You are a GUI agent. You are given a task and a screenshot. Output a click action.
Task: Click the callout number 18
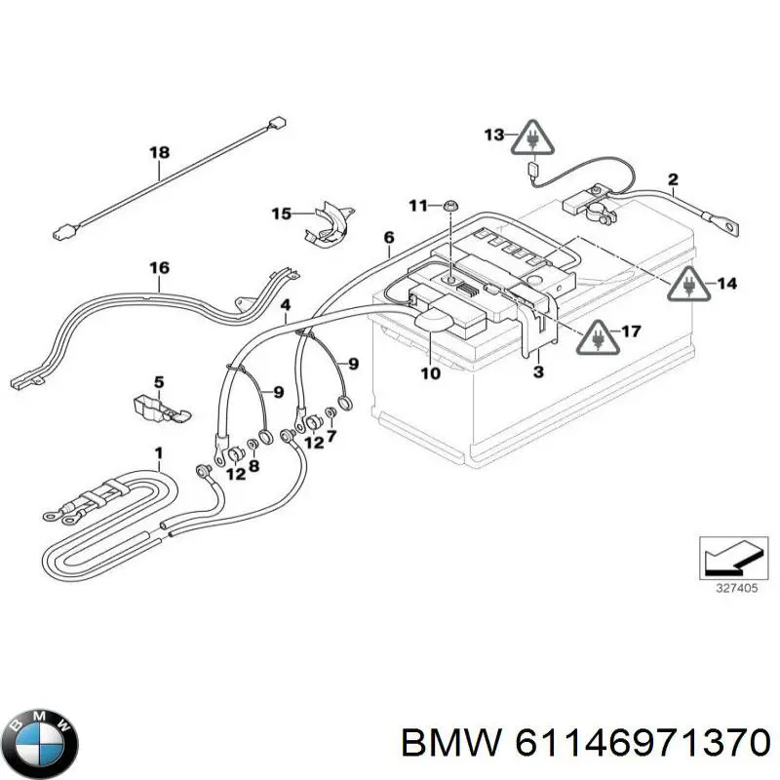159,152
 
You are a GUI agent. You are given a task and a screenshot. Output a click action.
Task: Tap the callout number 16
159,268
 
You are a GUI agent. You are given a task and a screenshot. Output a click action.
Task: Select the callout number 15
281,214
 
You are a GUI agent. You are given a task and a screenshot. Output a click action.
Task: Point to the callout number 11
418,205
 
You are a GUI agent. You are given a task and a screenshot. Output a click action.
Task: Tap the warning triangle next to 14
688,284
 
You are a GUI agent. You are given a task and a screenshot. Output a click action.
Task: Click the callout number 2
673,178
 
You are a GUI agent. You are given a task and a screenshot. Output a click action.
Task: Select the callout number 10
430,372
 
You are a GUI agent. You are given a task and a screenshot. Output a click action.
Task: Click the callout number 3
538,371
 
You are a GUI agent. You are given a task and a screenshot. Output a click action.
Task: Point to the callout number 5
159,381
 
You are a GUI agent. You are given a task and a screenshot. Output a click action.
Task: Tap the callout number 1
159,452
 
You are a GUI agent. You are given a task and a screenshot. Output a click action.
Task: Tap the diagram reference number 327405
727,589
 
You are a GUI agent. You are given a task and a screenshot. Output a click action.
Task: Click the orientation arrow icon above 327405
727,559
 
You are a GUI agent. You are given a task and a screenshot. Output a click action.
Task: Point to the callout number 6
389,237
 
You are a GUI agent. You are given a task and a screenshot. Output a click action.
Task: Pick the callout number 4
285,305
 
